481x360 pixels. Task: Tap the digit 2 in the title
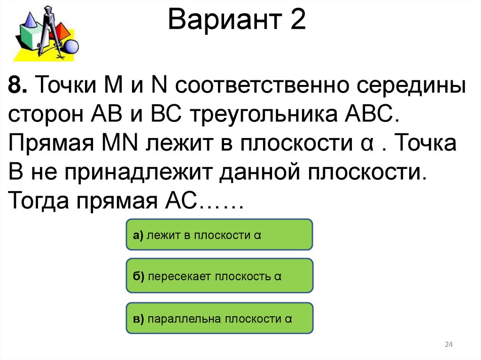pos(297,21)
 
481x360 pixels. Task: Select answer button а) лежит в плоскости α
pos(219,234)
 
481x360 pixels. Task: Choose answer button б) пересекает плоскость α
pos(219,276)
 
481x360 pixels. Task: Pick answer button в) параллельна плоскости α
pos(219,319)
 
